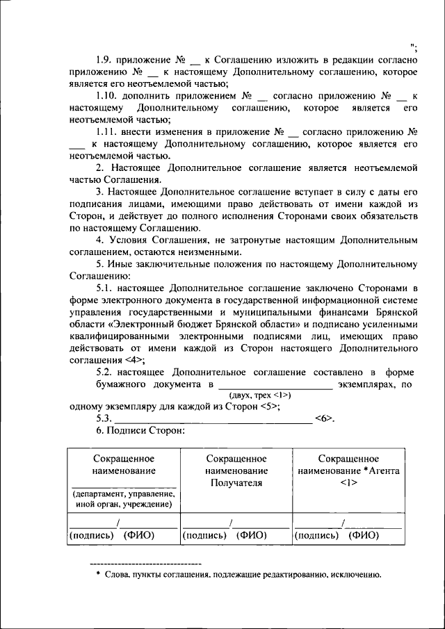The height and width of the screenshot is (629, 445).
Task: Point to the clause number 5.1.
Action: pos(106,287)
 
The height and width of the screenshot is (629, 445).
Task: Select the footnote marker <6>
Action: pos(325,418)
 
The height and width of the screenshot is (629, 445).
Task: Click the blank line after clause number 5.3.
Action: pos(212,419)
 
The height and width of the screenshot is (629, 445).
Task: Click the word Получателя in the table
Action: pos(236,483)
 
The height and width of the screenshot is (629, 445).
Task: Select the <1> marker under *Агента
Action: pos(348,483)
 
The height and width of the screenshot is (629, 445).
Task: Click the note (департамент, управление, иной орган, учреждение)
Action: pos(123,499)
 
